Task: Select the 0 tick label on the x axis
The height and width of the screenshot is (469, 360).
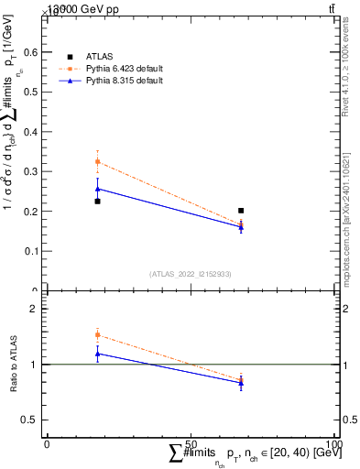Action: (x=47, y=443)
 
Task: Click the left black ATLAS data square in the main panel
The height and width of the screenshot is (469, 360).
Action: (x=97, y=201)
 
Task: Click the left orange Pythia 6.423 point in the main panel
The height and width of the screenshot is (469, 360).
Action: (x=97, y=162)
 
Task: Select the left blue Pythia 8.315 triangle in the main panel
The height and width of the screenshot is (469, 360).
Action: (x=97, y=189)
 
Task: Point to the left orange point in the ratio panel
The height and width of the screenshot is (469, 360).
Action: (x=97, y=335)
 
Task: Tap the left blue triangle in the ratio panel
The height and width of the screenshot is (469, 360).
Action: (x=97, y=353)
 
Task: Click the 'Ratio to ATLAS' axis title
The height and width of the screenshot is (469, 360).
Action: (x=13, y=365)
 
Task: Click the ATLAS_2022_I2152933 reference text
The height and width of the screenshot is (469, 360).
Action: (x=189, y=273)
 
